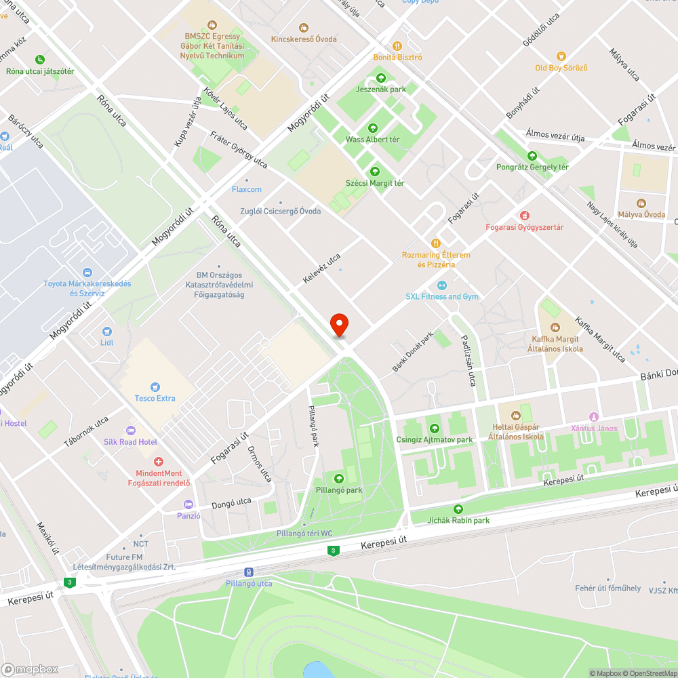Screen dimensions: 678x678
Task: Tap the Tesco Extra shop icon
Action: [x=155, y=386]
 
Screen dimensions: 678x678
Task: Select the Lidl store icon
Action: [x=106, y=331]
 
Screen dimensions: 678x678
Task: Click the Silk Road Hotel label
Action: [x=130, y=442]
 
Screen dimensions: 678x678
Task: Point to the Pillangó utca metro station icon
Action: [x=249, y=572]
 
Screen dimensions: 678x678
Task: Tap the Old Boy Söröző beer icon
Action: [x=561, y=56]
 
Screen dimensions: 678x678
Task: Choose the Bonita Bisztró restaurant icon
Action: [x=397, y=45]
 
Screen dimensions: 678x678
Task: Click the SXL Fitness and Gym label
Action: [x=442, y=296]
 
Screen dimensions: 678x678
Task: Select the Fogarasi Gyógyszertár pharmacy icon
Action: [x=524, y=215]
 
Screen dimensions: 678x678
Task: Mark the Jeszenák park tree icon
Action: [x=380, y=78]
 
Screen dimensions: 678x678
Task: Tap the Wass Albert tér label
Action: [x=372, y=139]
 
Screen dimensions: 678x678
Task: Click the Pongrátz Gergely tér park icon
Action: [x=532, y=155]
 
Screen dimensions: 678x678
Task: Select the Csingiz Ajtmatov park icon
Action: [x=434, y=428]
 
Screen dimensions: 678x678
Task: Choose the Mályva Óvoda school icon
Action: [x=641, y=203]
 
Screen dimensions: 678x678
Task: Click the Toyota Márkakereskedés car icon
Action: [x=87, y=272]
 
